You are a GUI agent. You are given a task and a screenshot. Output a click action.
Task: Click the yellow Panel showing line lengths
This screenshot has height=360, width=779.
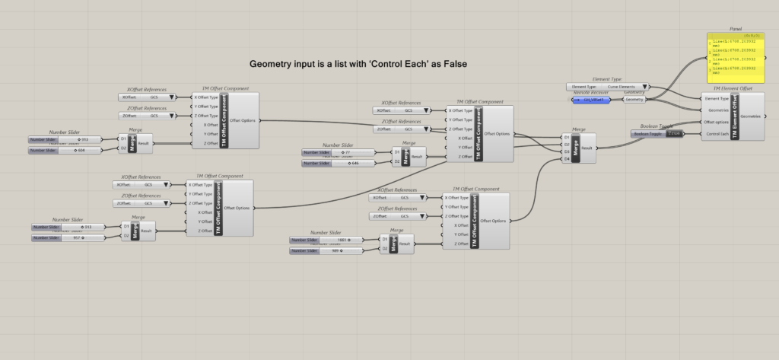pos(736,59)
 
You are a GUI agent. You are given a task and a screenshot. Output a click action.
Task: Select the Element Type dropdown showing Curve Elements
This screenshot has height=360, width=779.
pos(608,87)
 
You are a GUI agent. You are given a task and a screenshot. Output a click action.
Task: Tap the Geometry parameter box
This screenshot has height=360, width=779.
pos(634,100)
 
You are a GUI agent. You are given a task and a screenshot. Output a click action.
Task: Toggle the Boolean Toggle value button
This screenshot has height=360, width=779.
pos(673,133)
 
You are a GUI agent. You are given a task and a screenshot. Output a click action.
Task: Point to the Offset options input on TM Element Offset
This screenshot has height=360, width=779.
pos(716,122)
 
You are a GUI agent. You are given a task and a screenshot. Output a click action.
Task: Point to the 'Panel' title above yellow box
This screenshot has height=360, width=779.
pos(736,28)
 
